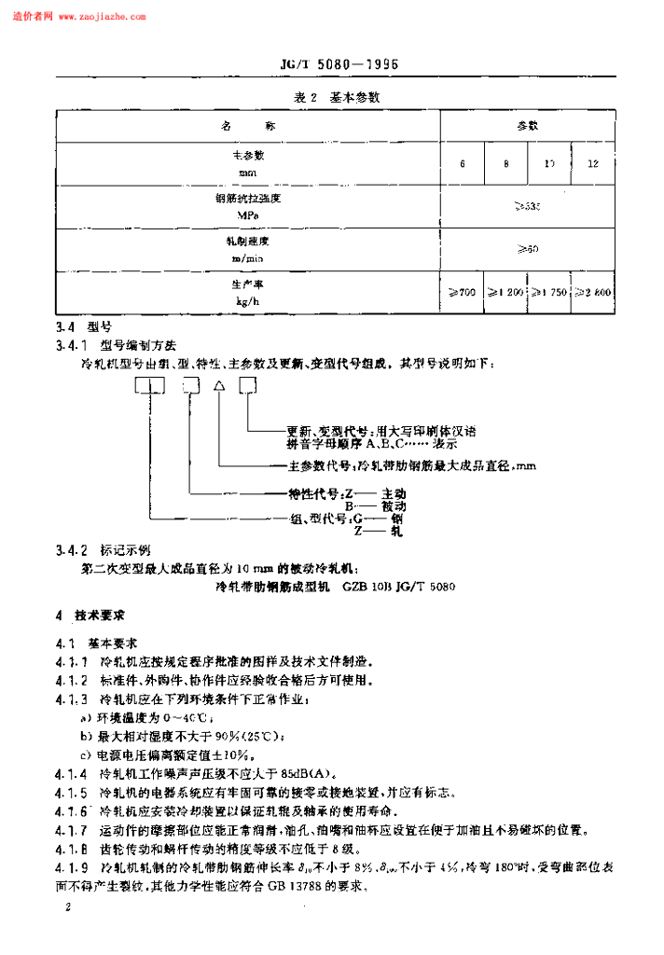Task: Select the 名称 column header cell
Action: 248,125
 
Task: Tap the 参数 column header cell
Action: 528,125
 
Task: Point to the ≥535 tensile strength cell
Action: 528,206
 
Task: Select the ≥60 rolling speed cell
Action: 528,249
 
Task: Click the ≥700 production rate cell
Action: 463,293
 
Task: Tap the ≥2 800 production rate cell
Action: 593,293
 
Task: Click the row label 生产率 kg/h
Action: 248,292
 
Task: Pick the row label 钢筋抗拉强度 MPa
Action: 248,206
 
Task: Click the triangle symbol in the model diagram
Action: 219,386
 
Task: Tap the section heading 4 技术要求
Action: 94,616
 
